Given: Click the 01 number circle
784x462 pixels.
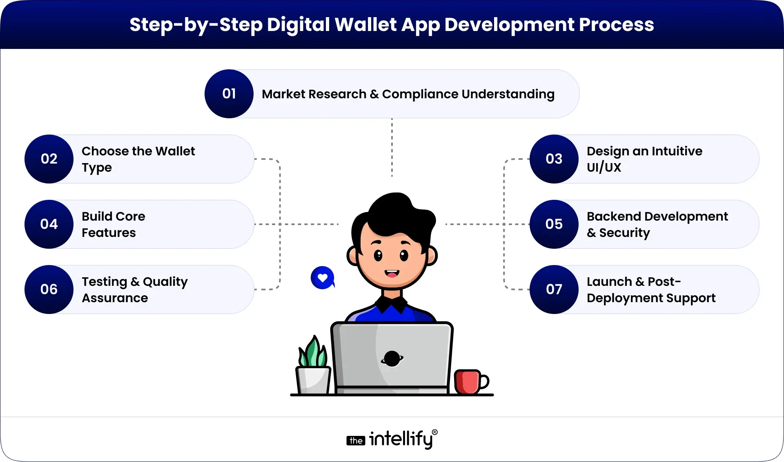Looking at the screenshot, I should tap(229, 94).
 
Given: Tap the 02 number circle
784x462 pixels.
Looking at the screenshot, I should tap(49, 159).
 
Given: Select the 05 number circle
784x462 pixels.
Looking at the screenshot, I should tap(554, 224).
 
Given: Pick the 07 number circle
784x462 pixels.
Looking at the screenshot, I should tap(554, 290).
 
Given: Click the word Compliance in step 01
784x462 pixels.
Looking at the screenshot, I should tap(420, 94).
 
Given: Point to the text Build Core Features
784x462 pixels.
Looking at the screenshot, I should tap(114, 224).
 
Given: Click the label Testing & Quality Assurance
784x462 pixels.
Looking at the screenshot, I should tap(134, 290).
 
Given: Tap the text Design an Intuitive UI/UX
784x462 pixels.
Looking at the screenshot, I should tap(644, 159).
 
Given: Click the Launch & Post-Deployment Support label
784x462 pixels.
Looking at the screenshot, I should tap(651, 290).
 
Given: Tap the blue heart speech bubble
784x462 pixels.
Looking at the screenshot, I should tap(323, 278).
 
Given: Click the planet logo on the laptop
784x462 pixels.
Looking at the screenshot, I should tap(392, 359).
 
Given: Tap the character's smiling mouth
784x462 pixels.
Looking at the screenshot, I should tap(392, 274).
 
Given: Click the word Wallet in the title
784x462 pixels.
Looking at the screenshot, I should tap(365, 24).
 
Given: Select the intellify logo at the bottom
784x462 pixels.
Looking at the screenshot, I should tap(392, 439).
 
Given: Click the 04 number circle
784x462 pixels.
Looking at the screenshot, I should tap(49, 224).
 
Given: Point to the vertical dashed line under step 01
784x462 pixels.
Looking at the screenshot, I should tap(392, 147).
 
